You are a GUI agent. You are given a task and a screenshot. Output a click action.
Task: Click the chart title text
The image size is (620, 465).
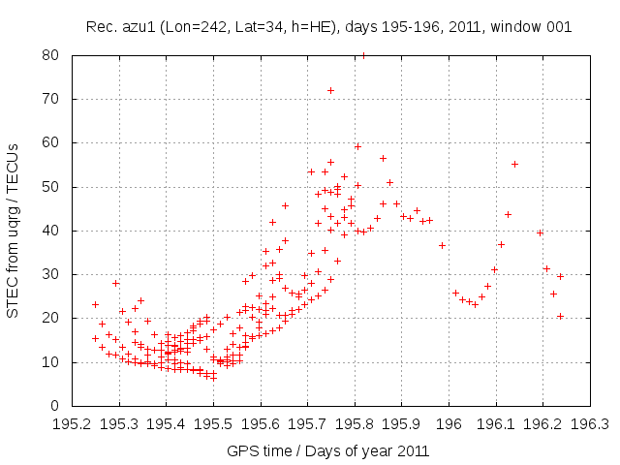coord(328,26)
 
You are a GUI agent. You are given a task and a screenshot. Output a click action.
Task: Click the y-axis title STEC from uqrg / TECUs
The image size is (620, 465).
coord(14,230)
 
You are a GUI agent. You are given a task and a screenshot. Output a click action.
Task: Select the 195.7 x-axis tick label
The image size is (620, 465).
coord(308,423)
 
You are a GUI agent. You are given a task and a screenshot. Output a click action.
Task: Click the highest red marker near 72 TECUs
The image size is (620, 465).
coord(330,90)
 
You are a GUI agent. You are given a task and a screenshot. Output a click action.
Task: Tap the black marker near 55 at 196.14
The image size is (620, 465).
coord(514,164)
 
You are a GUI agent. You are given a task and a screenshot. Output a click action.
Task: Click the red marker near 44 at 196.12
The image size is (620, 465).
coord(508,214)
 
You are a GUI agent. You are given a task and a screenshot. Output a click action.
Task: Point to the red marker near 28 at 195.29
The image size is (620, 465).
coord(115,283)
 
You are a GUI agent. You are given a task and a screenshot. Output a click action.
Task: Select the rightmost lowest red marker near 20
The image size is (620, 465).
coord(560,316)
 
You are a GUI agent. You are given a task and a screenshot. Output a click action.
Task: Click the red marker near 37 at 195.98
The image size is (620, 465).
coord(442,245)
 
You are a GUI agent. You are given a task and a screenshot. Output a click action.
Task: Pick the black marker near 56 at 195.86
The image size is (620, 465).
coord(383,158)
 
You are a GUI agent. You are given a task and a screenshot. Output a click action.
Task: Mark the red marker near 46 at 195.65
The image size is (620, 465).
coord(285,205)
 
